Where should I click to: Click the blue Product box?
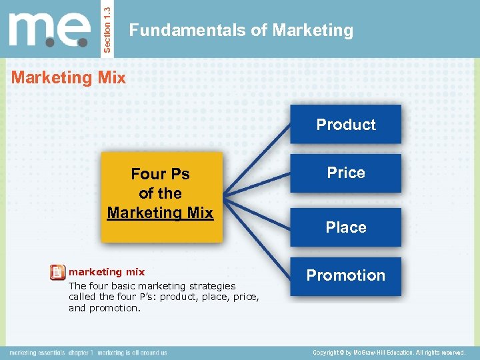point(345,124)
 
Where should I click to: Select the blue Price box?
point(345,173)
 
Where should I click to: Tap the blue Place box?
point(345,227)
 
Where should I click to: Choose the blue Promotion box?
point(345,275)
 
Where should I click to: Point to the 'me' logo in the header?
point(50,30)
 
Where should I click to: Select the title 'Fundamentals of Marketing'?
point(241,30)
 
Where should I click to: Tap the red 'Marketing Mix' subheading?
point(69,78)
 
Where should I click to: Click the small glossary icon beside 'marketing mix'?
point(57,273)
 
